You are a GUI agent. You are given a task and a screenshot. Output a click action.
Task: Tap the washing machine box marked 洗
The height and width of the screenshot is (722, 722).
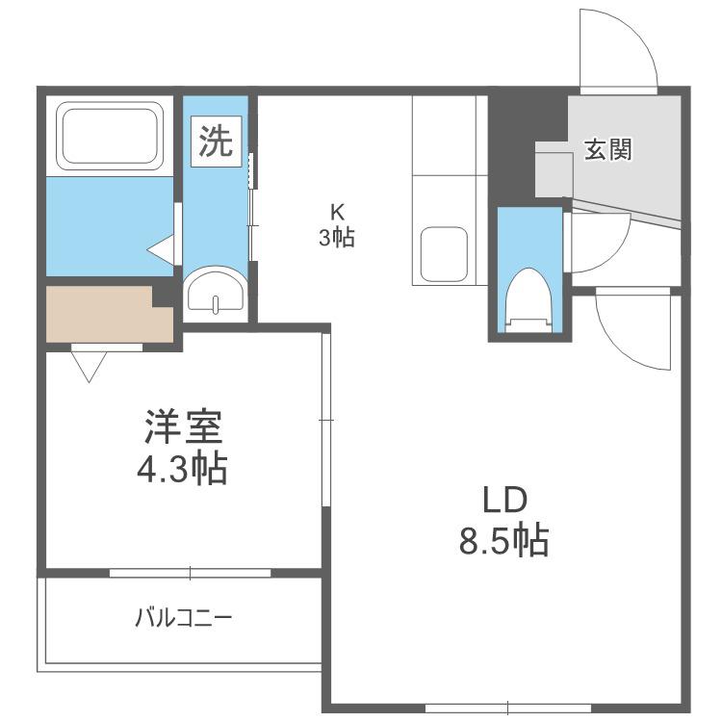(217, 142)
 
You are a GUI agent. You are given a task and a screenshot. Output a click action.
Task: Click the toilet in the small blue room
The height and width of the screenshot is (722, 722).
(529, 299)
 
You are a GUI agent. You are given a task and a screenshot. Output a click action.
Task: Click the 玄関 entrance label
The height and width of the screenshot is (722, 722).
(608, 149)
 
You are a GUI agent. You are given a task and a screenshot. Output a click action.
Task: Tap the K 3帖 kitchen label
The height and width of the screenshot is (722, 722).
(337, 225)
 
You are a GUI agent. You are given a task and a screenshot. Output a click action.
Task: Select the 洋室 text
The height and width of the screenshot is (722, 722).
(183, 425)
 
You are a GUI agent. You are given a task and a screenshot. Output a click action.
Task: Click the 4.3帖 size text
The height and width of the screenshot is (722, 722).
(182, 468)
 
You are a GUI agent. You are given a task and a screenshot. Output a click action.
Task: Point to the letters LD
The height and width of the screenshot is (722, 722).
(504, 500)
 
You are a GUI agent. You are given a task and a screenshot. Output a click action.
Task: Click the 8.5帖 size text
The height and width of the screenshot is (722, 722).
(503, 540)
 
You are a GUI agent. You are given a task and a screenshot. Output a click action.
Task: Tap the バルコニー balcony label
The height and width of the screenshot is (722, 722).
(183, 618)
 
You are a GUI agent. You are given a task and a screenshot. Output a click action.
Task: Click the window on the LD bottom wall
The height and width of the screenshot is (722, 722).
(507, 708)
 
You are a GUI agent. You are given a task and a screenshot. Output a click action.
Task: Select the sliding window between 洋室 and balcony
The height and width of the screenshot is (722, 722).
(190, 573)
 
